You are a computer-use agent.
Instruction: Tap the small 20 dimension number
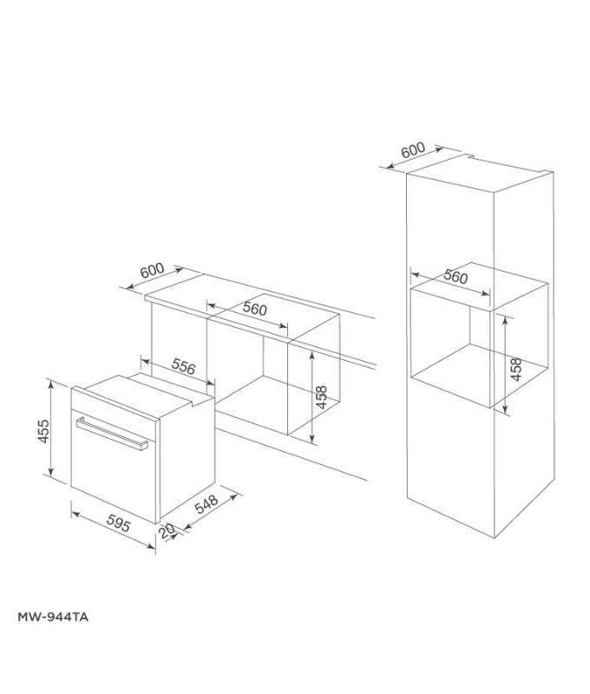167,531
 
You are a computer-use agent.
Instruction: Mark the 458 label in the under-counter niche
322,396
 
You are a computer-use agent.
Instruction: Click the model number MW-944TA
54,619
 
